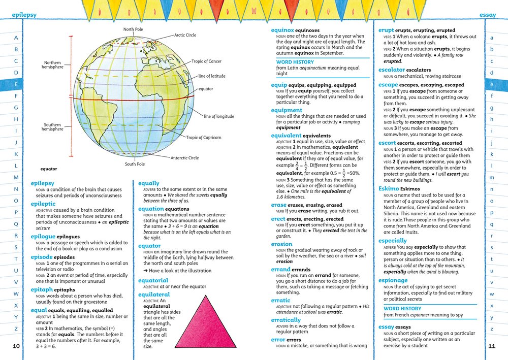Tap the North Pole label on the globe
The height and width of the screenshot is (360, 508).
(x=133, y=29)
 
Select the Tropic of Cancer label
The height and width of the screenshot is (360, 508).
(x=206, y=61)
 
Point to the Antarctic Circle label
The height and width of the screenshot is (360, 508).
(x=184, y=158)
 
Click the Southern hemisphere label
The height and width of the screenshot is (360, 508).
(x=53, y=127)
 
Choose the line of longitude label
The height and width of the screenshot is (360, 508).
(x=219, y=116)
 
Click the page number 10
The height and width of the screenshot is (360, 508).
(x=16, y=346)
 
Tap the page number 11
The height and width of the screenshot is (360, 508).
(x=492, y=346)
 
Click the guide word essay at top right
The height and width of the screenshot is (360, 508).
(x=488, y=15)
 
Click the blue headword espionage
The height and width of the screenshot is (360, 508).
(x=393, y=280)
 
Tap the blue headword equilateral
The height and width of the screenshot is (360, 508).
(x=154, y=294)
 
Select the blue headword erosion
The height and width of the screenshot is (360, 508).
(x=281, y=244)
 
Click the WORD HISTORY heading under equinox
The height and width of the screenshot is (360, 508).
(x=295, y=62)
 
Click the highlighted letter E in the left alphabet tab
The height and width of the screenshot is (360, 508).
(x=16, y=84)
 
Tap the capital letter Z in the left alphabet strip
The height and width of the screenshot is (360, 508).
(x=16, y=329)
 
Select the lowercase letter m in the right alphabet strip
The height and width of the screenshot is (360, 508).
(x=492, y=178)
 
